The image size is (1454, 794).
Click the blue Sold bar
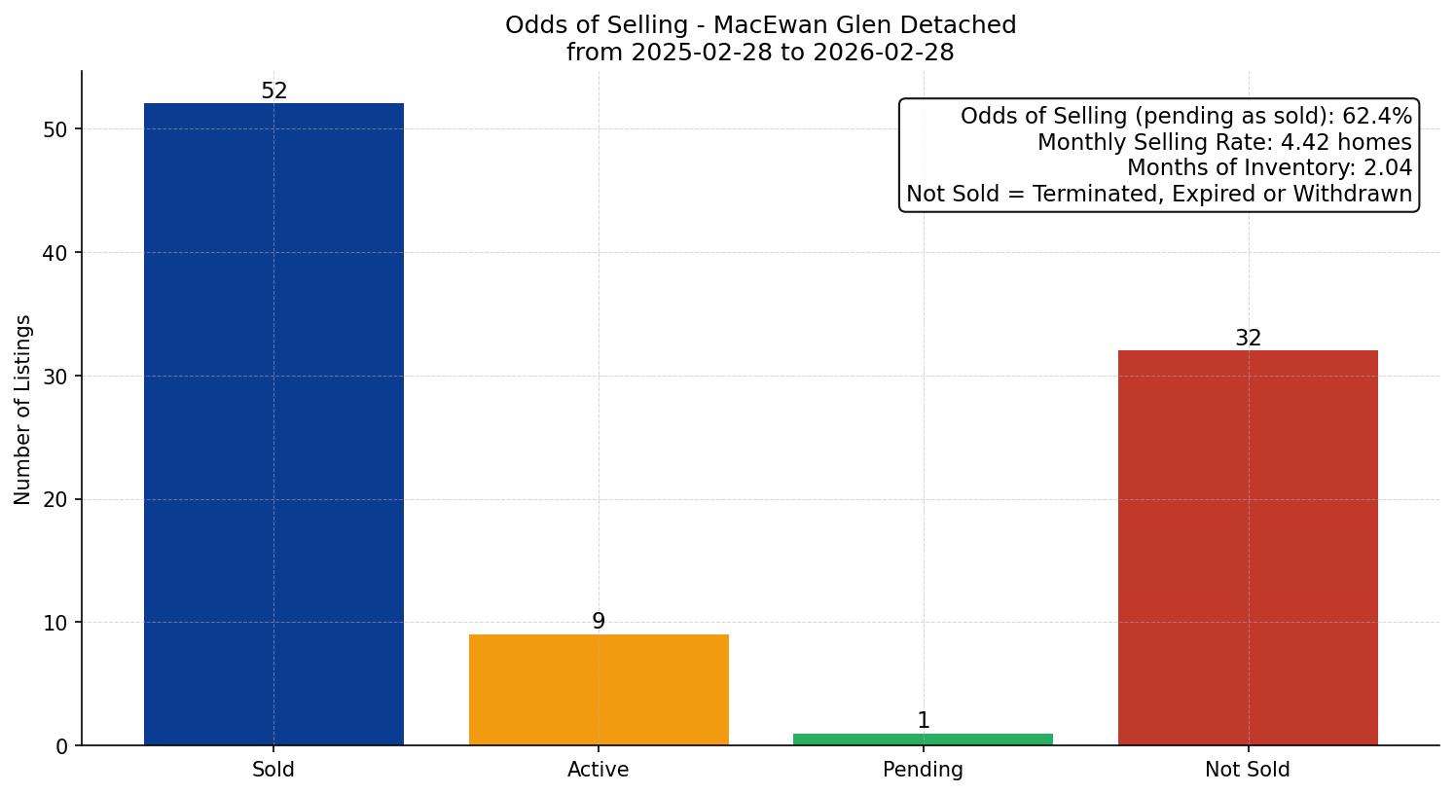273,424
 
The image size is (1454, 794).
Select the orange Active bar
599,690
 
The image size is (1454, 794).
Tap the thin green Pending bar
923,740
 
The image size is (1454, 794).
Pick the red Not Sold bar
1248,548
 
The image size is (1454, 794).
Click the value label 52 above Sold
274,91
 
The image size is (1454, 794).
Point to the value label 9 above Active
599,622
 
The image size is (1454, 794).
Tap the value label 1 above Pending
924,721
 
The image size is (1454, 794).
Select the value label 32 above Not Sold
1248,339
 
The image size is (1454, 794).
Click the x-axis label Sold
273,770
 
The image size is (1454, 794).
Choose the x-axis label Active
599,770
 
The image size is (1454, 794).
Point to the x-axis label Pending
923,770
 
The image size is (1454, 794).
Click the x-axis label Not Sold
1248,770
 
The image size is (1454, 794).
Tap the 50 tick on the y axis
56,129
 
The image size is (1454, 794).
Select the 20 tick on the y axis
56,500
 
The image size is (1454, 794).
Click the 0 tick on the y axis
62,746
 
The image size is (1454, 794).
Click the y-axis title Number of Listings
23,410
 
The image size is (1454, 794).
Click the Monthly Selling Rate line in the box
1224,142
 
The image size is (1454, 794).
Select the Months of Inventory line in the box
1269,168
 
